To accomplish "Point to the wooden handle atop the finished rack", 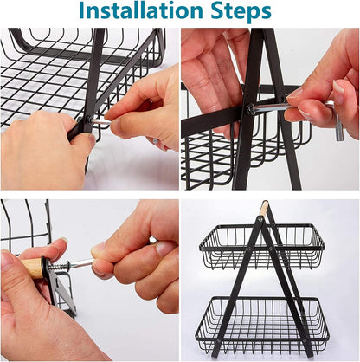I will point(265,209).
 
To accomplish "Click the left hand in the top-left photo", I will point(43,152).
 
